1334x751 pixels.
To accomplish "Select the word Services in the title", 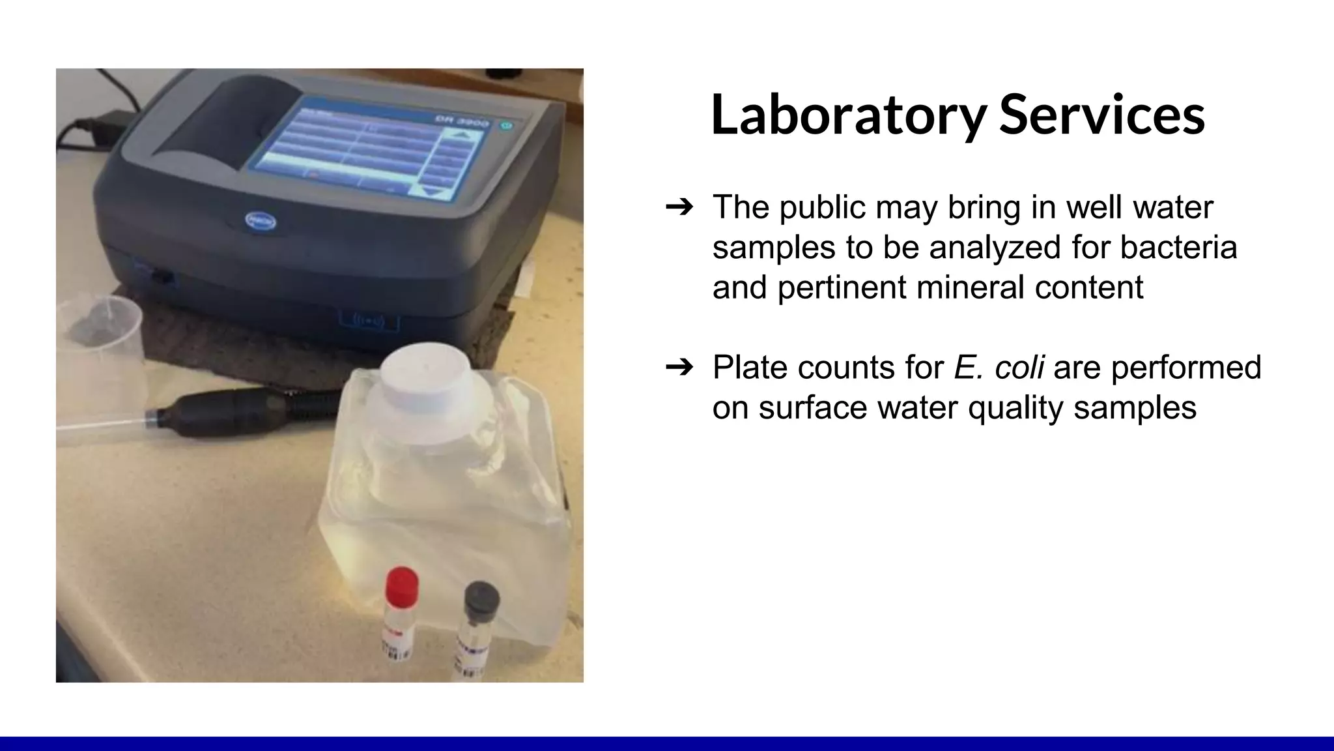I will click(x=1101, y=115).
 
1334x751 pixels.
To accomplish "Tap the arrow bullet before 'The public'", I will click(x=679, y=207).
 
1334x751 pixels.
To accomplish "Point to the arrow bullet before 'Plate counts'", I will click(x=679, y=368).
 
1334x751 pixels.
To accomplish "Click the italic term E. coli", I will click(x=999, y=367).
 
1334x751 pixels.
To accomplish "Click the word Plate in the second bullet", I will click(x=749, y=367).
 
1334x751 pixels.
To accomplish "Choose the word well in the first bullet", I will click(x=1094, y=207).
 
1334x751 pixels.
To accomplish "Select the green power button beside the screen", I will click(x=507, y=126).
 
